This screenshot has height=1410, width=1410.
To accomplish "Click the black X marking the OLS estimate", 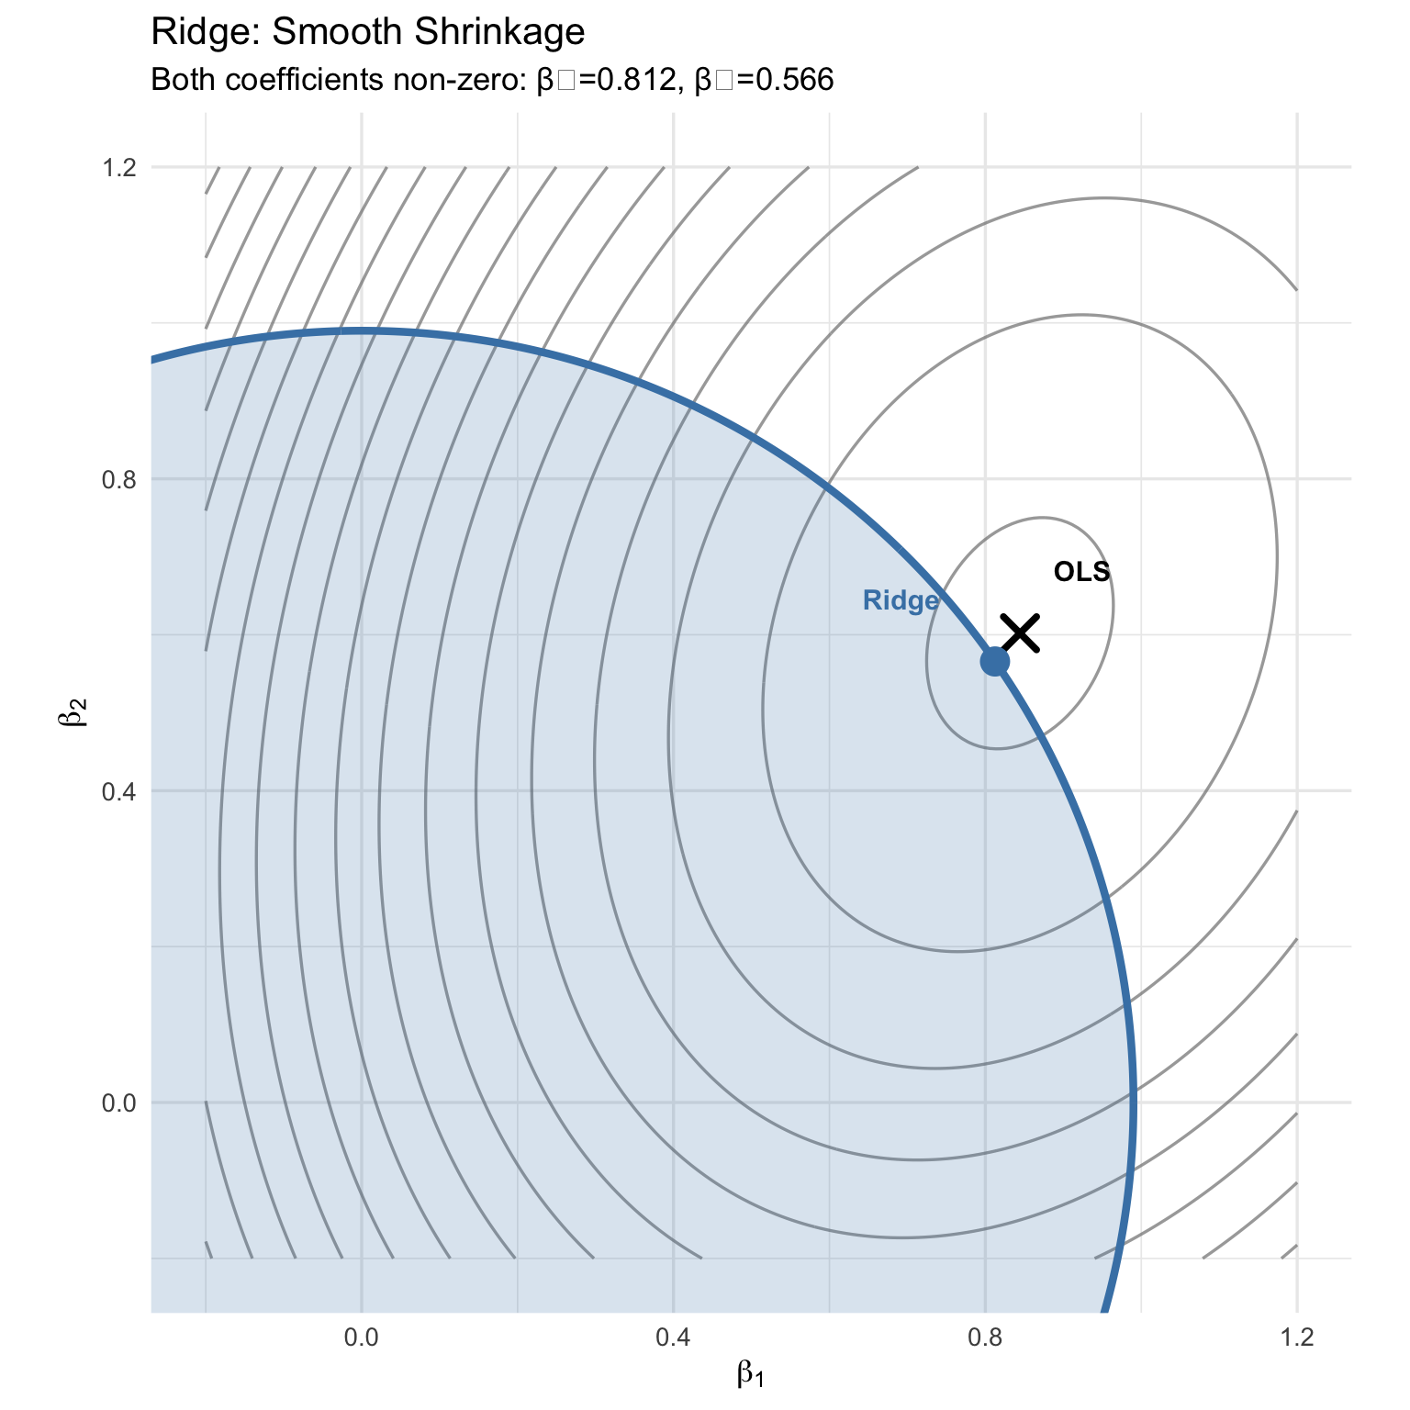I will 1020,633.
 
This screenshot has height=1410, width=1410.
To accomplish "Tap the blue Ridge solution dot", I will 995,661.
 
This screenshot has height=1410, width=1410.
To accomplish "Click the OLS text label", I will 1081,572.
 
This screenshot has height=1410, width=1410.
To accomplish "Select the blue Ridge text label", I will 901,601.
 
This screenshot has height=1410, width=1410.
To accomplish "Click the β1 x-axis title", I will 750,1375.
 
